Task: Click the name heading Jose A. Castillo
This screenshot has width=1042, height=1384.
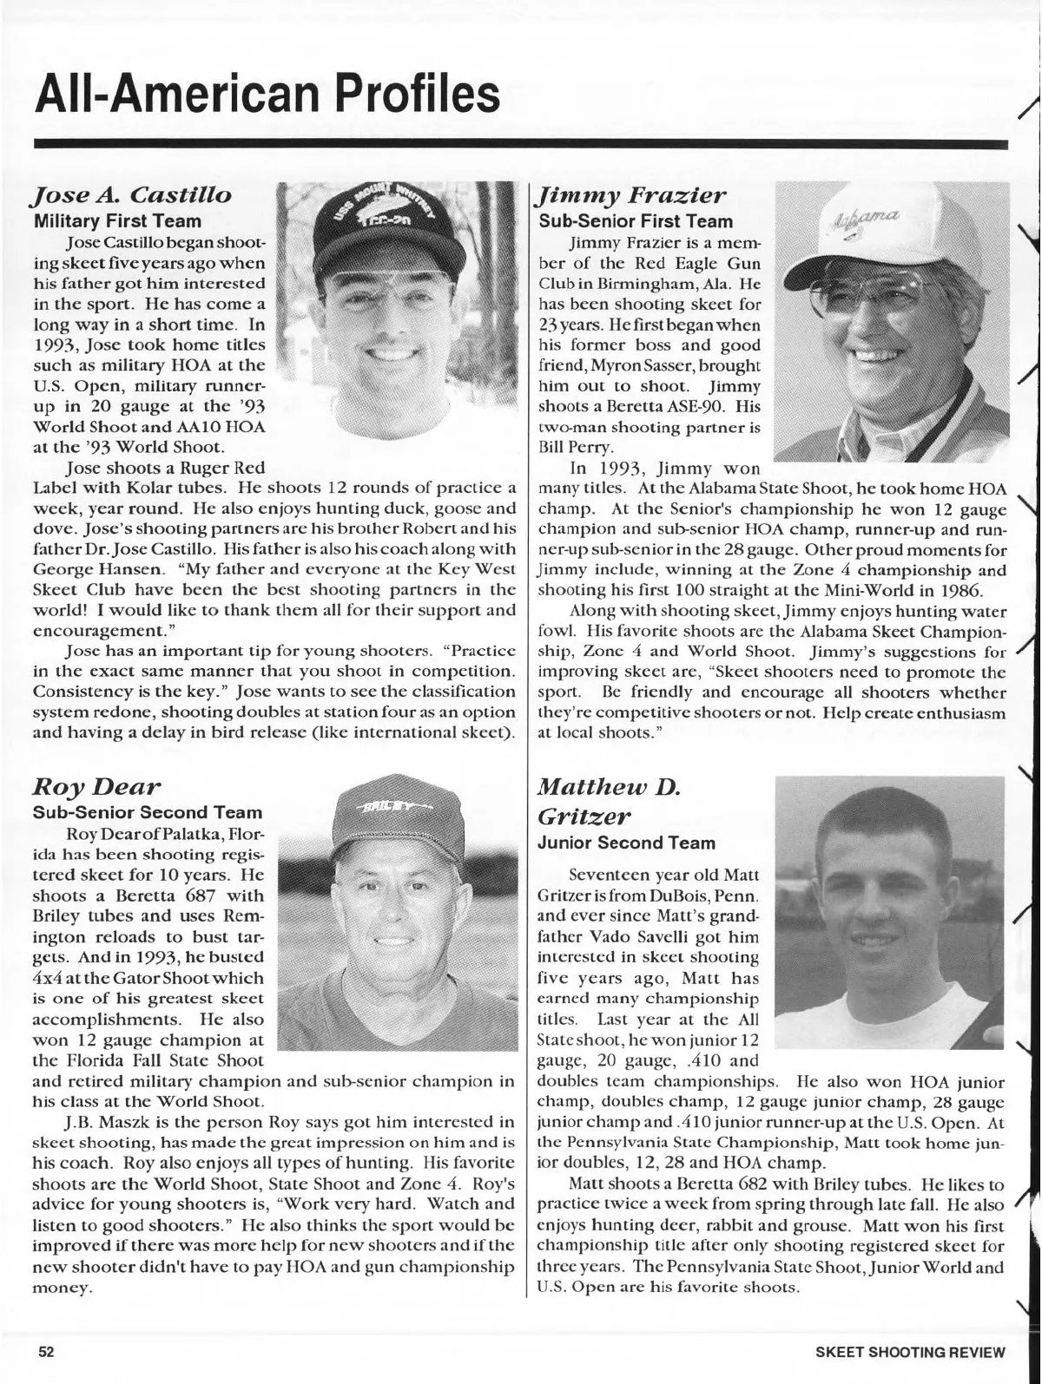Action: tap(132, 194)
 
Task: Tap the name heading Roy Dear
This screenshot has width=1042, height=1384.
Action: tap(96, 787)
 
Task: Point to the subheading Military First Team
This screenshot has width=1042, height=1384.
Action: tap(117, 220)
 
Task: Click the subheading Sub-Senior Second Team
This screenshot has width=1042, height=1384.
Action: tap(147, 812)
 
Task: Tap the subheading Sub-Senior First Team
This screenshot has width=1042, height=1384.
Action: tap(636, 221)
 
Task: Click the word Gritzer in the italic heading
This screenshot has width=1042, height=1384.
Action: tap(582, 817)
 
